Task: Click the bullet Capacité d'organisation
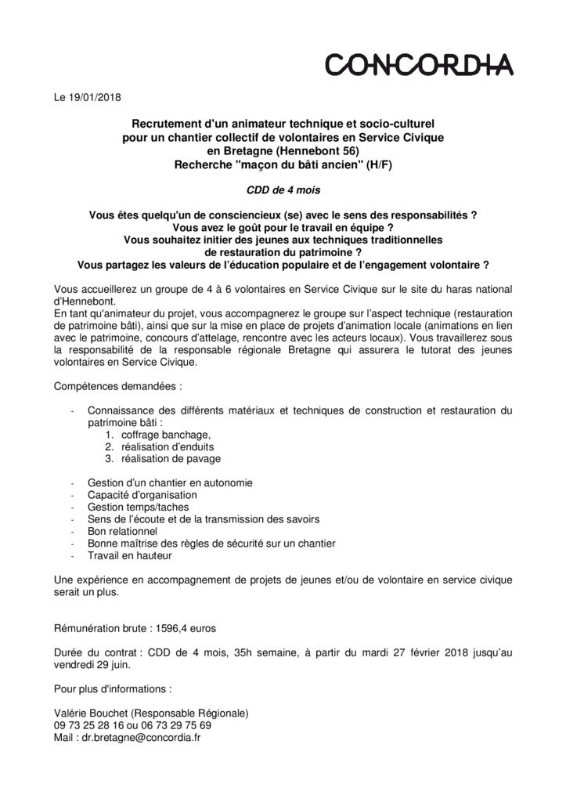pyautogui.click(x=142, y=495)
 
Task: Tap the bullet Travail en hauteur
pyautogui.click(x=129, y=556)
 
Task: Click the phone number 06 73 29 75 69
pyautogui.click(x=171, y=725)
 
